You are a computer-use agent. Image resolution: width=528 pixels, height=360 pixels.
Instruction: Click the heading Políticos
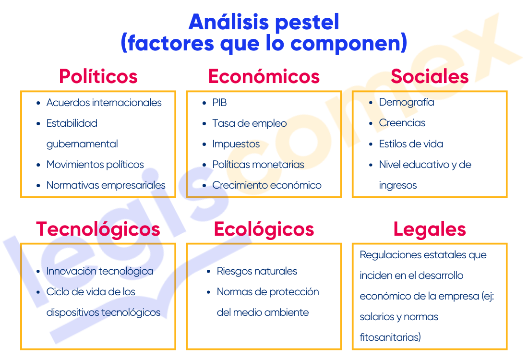[98, 76]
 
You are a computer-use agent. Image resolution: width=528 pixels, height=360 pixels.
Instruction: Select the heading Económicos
[264, 76]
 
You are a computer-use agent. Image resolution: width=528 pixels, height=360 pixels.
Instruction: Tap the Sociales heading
[430, 76]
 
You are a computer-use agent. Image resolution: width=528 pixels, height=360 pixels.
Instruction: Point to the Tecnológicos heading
[98, 230]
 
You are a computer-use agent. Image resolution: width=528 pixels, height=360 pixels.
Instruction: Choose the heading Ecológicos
[264, 230]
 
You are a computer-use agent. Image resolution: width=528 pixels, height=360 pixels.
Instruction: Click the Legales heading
[430, 230]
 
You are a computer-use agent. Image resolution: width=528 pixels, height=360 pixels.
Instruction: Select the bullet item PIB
[219, 102]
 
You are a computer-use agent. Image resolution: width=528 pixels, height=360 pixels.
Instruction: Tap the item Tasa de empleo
[250, 123]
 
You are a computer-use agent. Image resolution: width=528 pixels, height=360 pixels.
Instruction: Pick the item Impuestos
[236, 144]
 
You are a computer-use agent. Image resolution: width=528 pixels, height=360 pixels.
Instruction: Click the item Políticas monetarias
[258, 164]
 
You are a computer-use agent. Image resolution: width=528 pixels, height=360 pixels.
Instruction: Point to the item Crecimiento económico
[267, 185]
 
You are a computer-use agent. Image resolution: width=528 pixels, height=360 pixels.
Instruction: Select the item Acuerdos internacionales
[104, 102]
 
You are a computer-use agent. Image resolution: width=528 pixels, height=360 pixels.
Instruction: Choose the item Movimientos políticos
[96, 165]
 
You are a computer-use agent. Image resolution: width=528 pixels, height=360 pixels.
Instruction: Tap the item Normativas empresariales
[106, 185]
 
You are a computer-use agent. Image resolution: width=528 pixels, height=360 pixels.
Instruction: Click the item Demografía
[407, 102]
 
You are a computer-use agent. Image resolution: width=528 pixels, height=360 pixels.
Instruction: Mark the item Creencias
[402, 123]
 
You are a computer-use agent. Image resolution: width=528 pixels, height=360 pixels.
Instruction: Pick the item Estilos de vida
[411, 144]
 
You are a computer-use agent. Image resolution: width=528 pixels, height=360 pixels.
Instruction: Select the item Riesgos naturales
[257, 271]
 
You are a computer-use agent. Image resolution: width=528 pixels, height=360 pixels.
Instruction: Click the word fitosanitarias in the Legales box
[390, 337]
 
